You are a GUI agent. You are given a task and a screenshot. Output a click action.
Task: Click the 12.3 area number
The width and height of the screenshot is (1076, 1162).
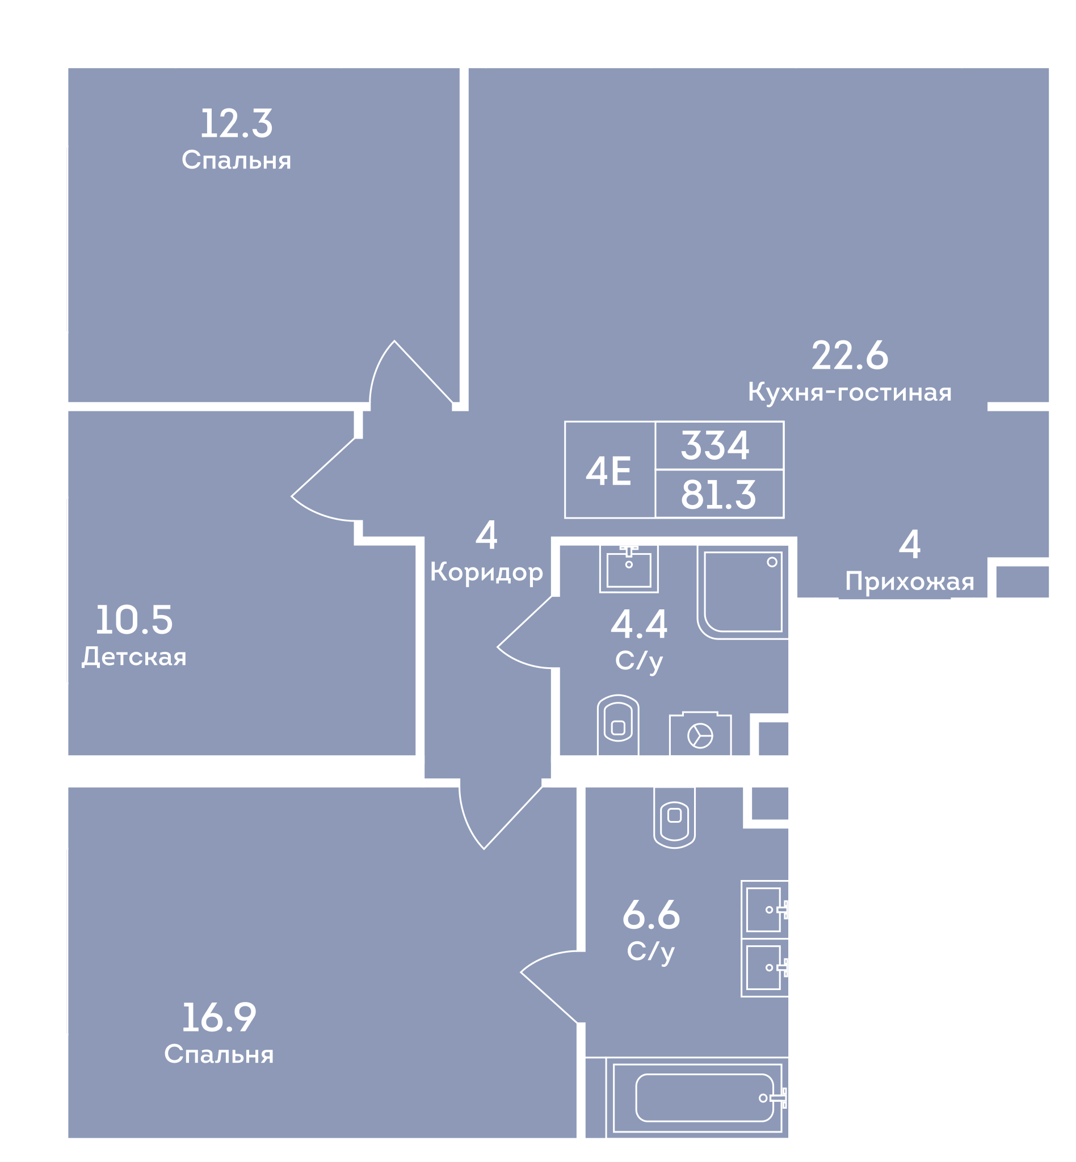[x=237, y=124]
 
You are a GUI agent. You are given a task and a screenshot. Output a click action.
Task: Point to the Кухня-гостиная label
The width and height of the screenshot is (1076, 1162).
[x=850, y=393]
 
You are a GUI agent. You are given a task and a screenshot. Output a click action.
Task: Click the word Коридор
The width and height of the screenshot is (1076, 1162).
[x=486, y=573]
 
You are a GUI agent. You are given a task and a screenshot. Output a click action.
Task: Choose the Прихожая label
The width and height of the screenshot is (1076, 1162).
[x=910, y=582]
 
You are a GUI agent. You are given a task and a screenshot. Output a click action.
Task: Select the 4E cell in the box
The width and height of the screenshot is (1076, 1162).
[x=610, y=470]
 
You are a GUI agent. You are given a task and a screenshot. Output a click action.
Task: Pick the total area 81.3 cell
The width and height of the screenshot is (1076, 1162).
[x=719, y=494]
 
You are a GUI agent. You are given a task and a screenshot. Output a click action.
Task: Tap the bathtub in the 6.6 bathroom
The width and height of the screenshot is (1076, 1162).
[x=697, y=1098]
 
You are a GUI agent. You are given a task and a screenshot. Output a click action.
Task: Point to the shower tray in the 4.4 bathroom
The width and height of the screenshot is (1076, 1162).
[x=742, y=592]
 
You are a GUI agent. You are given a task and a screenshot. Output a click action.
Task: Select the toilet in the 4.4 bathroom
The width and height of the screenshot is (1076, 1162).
[x=618, y=725]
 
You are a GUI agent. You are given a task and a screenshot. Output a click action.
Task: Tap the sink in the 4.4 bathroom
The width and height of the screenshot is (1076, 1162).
[x=629, y=569]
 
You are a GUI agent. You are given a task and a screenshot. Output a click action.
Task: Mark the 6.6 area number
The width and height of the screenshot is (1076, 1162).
[x=651, y=915]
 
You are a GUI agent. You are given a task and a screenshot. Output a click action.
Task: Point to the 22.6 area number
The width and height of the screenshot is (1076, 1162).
[x=850, y=356]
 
